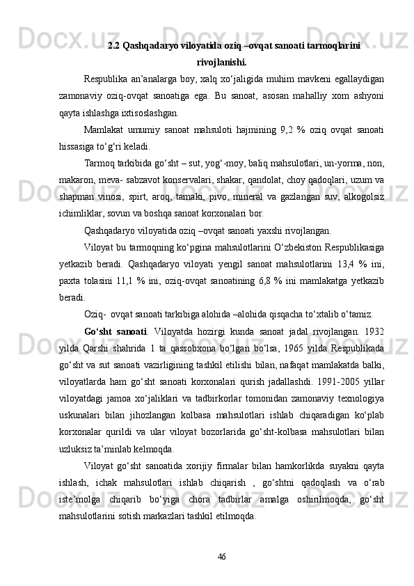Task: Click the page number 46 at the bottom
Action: (x=221, y=556)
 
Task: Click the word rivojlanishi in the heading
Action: (x=221, y=61)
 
